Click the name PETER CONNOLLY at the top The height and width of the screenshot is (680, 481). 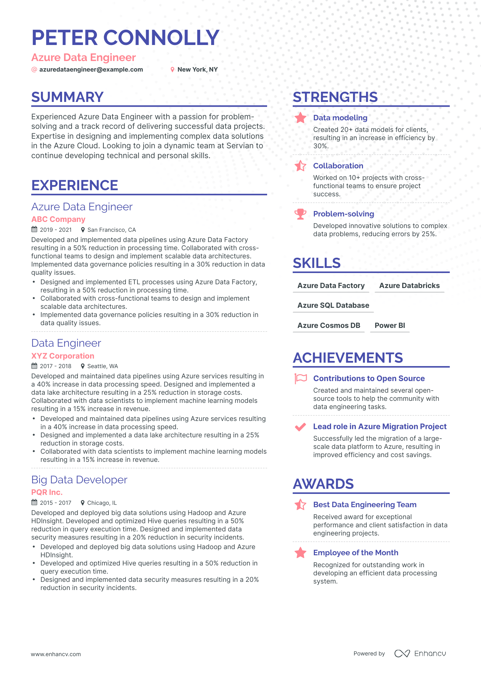125,37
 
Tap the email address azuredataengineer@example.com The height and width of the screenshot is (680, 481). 91,70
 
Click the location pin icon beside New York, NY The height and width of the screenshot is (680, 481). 172,70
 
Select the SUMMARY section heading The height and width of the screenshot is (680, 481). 67,97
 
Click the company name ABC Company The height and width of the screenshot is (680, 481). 58,219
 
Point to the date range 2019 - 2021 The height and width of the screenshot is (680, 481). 56,230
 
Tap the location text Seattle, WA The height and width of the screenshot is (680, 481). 103,366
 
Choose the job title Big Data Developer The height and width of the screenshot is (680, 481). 79,480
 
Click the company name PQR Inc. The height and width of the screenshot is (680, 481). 47,492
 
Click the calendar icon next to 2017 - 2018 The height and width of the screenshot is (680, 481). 34,366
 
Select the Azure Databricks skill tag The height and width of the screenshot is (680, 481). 409,286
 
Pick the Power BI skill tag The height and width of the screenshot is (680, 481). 390,326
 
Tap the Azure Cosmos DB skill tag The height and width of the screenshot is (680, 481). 329,326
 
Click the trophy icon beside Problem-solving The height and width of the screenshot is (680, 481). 300,214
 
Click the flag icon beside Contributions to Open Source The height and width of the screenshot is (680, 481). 301,378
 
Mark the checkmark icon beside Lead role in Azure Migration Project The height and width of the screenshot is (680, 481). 300,427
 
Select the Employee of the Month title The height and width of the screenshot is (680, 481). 355,553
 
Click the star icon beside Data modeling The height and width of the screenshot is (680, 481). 300,118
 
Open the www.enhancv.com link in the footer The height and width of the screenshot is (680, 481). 56,654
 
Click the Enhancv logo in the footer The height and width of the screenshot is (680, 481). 420,653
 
